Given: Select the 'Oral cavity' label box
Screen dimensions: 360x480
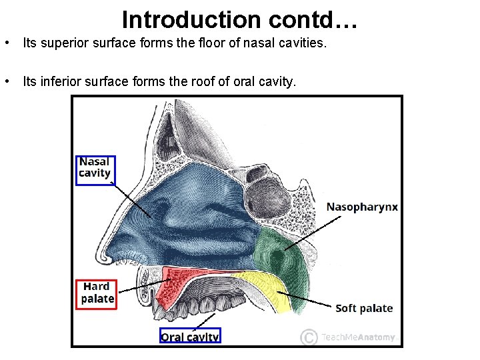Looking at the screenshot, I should pyautogui.click(x=190, y=337).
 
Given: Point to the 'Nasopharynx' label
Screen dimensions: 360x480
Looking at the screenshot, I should pyautogui.click(x=362, y=207).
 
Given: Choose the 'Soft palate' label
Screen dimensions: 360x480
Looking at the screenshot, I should pyautogui.click(x=364, y=308).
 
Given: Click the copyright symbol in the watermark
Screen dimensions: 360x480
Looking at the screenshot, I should pyautogui.click(x=308, y=337).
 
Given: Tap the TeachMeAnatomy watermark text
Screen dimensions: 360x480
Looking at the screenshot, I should pyautogui.click(x=358, y=337).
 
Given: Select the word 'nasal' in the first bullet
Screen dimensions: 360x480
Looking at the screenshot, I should pyautogui.click(x=245, y=44).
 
